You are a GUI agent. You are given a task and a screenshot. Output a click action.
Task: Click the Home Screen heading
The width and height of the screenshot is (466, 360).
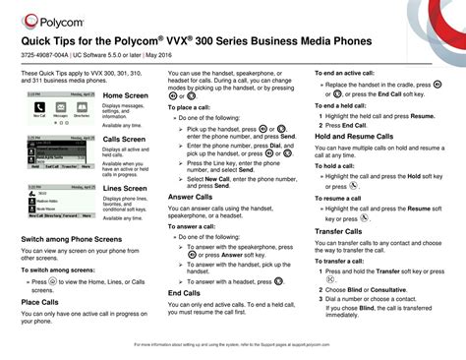[125, 95]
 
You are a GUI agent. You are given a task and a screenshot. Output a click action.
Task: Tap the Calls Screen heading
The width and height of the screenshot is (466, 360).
[125, 140]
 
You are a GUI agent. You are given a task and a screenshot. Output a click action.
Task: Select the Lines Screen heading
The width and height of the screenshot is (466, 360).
[125, 187]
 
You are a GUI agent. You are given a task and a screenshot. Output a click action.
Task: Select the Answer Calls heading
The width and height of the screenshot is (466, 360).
[192, 197]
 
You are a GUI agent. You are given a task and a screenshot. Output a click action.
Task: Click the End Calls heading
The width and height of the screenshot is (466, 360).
[185, 293]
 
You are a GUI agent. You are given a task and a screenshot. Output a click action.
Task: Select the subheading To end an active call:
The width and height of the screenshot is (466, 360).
[346, 74]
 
